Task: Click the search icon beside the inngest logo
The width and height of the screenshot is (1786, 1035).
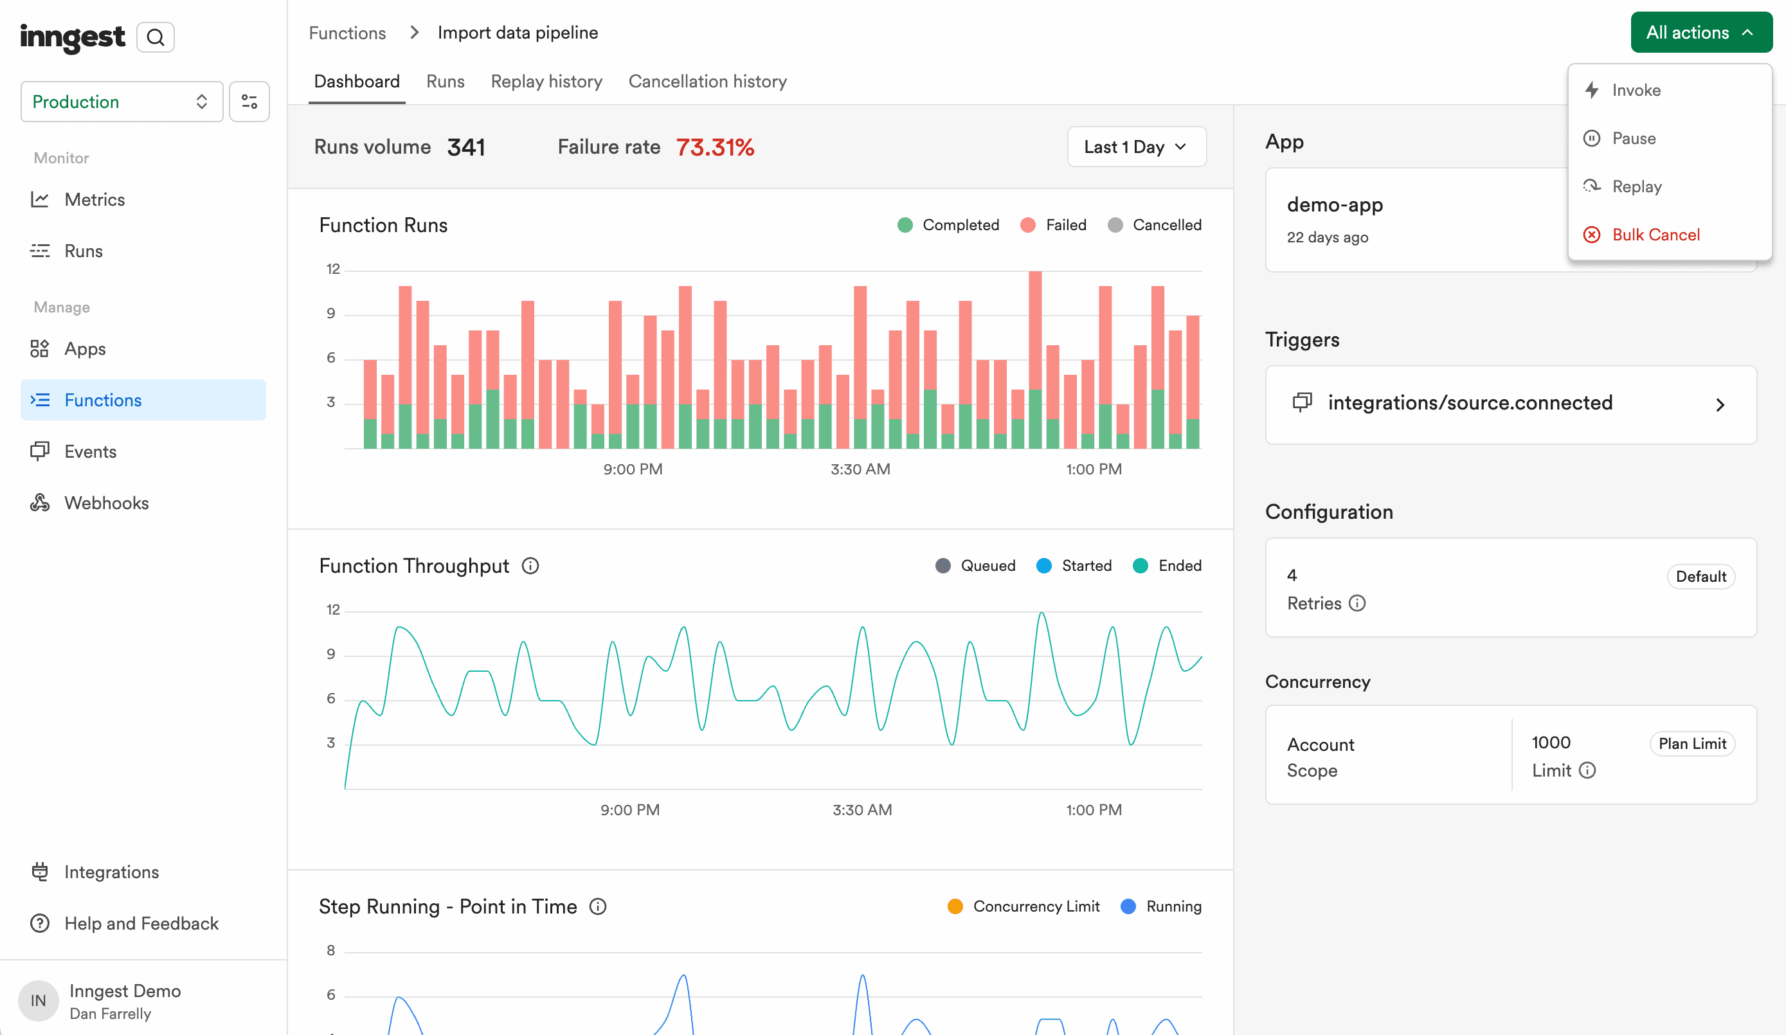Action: point(155,37)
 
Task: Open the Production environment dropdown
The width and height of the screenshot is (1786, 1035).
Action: point(122,102)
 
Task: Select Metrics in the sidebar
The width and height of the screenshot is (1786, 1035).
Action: point(94,200)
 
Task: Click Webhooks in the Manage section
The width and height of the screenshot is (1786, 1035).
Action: point(105,503)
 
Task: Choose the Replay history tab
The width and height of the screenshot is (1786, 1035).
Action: point(546,82)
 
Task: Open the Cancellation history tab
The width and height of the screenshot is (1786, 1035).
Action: point(707,82)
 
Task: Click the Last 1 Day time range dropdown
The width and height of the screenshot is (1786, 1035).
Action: point(1135,147)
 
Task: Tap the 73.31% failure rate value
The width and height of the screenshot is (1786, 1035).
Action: point(714,147)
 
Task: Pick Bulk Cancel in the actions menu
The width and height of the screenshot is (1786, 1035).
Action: point(1655,235)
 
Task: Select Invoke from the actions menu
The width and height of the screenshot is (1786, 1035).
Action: point(1636,90)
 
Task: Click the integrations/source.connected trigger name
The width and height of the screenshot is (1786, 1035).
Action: point(1469,402)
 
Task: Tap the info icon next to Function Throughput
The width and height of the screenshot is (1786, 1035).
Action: point(530,566)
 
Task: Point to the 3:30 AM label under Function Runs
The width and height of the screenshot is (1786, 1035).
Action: point(860,469)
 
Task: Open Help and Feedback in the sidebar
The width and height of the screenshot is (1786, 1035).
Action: point(140,924)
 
